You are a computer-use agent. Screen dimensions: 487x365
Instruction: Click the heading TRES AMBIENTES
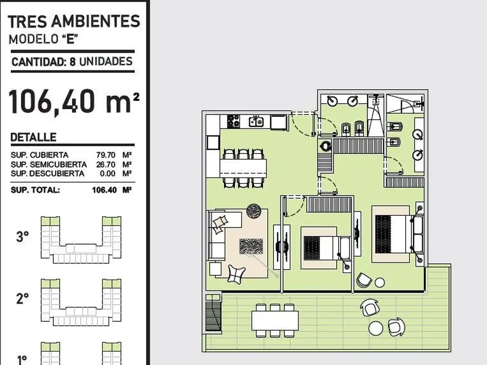(74, 21)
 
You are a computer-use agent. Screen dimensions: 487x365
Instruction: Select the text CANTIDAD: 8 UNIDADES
(72, 61)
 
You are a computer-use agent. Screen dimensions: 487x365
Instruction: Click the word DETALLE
(33, 137)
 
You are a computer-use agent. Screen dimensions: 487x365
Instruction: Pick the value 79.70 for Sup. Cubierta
(106, 155)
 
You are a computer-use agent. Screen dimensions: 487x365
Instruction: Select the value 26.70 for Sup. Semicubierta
(106, 164)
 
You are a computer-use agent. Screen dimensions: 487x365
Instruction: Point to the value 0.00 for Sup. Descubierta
(107, 173)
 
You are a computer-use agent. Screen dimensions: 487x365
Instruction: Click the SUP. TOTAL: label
(35, 190)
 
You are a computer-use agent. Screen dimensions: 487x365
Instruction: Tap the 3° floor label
(22, 237)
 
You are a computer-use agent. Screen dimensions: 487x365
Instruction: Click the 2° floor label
(22, 298)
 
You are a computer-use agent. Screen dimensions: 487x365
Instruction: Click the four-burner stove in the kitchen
(234, 121)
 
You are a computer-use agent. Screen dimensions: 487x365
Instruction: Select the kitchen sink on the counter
(256, 121)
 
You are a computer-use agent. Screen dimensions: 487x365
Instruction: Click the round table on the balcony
(376, 328)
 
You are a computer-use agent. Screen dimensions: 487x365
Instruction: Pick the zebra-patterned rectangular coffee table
(251, 246)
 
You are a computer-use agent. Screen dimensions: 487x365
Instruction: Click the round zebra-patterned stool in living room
(254, 211)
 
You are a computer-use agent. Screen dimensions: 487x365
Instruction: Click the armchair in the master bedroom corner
(364, 280)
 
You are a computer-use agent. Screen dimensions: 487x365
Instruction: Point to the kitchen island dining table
(243, 168)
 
